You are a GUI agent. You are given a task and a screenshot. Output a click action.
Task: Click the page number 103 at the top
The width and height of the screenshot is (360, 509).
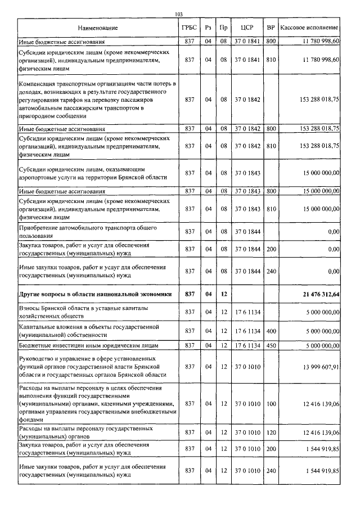pos(179,15)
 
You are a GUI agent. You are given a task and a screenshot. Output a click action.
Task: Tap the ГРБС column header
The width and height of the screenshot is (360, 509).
pos(190,28)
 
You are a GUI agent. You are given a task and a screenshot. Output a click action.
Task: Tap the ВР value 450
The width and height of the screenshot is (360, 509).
pos(271,345)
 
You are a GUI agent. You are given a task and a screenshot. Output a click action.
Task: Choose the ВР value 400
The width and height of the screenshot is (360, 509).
pos(271,331)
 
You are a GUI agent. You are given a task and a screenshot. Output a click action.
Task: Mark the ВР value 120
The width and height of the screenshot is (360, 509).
pos(271,432)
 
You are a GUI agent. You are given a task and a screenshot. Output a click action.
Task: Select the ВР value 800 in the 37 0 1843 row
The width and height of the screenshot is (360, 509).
pos(271,191)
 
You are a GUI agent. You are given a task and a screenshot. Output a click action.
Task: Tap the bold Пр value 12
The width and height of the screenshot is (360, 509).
pos(223,294)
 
